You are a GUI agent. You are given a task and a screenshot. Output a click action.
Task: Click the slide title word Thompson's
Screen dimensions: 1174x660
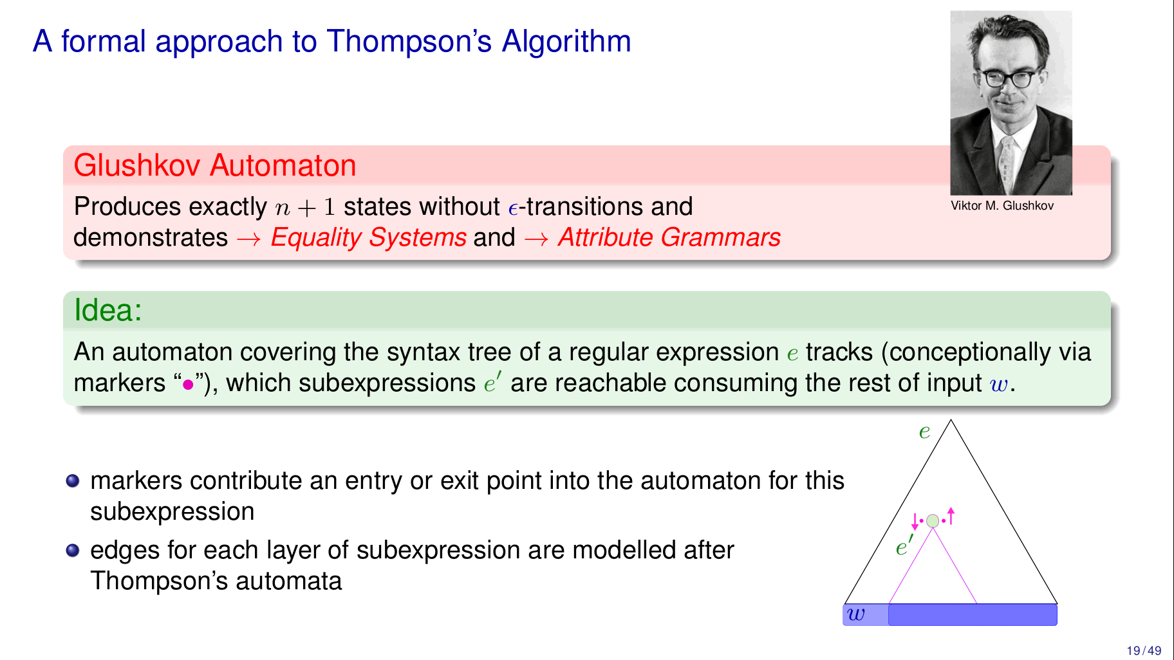pyautogui.click(x=409, y=41)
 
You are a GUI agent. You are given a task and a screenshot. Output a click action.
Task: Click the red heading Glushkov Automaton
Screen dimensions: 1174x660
pyautogui.click(x=215, y=165)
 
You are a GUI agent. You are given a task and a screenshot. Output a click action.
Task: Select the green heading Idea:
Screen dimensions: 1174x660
pyautogui.click(x=108, y=310)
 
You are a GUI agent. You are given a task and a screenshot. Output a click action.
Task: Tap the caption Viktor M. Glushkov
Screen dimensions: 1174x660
pyautogui.click(x=1002, y=206)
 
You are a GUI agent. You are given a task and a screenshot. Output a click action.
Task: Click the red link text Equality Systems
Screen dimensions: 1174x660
pyautogui.click(x=369, y=237)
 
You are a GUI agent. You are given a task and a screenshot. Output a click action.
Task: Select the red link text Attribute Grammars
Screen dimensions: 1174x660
pyautogui.click(x=669, y=237)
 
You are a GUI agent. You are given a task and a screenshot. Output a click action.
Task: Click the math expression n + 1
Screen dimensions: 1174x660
pyautogui.click(x=305, y=207)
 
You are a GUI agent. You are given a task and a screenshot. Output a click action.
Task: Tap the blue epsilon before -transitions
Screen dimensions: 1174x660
pyautogui.click(x=513, y=208)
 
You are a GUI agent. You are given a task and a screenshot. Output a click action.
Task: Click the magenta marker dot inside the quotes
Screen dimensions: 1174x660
pyautogui.click(x=188, y=385)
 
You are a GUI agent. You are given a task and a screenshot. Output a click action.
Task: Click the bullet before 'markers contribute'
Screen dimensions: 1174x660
pyautogui.click(x=73, y=481)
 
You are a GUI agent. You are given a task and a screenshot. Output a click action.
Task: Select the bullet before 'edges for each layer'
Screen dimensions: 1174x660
pyautogui.click(x=73, y=551)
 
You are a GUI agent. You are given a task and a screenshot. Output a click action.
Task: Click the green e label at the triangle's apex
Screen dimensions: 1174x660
pyautogui.click(x=924, y=431)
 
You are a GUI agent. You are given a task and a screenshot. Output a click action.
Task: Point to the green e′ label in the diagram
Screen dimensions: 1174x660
pyautogui.click(x=904, y=545)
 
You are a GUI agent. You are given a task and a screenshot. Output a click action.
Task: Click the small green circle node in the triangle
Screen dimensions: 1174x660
pyautogui.click(x=933, y=521)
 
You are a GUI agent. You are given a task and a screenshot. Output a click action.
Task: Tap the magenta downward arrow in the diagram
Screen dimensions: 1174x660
pyautogui.click(x=915, y=522)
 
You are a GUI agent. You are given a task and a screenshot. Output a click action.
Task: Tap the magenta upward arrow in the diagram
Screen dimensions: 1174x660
pyautogui.click(x=951, y=516)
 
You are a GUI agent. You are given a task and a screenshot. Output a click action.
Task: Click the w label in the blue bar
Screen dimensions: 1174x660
pyautogui.click(x=856, y=614)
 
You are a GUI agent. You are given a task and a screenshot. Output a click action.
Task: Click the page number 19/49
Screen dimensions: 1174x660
pyautogui.click(x=1144, y=651)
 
